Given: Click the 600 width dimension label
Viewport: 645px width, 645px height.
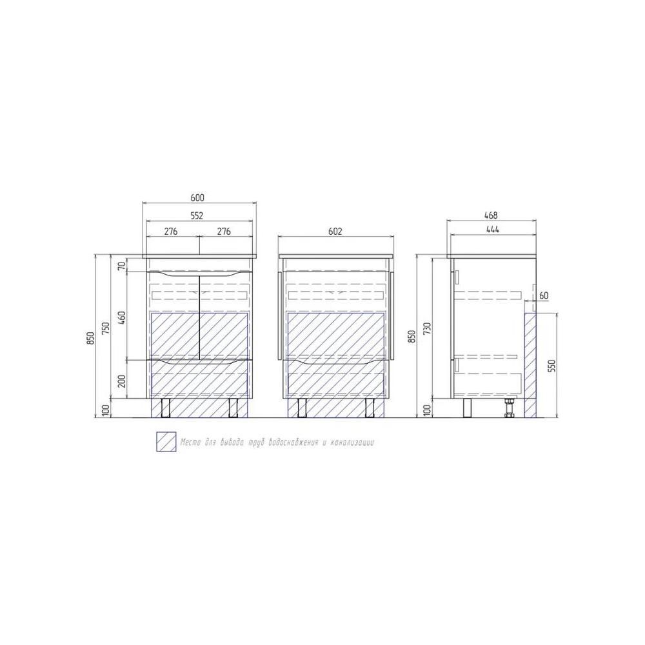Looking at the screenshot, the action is click(x=197, y=198).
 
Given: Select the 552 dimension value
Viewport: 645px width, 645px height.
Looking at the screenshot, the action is click(x=197, y=215).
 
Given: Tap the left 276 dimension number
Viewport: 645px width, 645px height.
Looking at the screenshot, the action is click(x=171, y=231).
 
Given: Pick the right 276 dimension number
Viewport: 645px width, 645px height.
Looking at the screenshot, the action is click(x=224, y=231).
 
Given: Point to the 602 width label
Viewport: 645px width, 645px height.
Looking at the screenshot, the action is click(x=335, y=232).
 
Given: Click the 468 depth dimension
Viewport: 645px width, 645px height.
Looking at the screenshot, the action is click(x=491, y=215).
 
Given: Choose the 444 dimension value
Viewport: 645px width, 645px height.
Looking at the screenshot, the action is click(x=492, y=230).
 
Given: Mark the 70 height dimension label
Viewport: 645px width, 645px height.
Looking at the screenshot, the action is click(x=121, y=266).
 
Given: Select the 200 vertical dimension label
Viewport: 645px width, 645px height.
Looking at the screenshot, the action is click(x=121, y=381).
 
